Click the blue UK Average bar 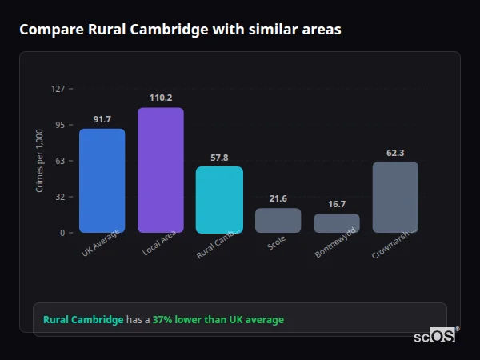[102, 180]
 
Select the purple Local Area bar [160, 170]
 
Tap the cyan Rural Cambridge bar [219, 199]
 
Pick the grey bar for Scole [278, 220]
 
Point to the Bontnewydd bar [336, 222]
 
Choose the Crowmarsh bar [395, 197]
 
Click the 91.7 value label [102, 119]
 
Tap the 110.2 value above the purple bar [160, 98]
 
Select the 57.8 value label [219, 158]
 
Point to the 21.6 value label [278, 198]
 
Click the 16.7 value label [336, 204]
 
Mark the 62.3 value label [395, 153]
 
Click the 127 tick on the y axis [58, 89]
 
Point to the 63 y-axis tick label [59, 161]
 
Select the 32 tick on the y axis [59, 197]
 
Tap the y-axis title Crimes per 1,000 [40, 161]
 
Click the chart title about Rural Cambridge [180, 30]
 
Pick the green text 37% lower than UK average [218, 320]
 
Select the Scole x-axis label [276, 242]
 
